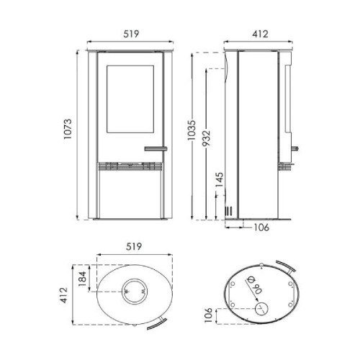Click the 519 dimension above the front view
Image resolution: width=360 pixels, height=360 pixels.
click(131, 34)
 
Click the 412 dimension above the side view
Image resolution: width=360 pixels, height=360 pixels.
click(260, 34)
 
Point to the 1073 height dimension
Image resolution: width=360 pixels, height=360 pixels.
click(68, 129)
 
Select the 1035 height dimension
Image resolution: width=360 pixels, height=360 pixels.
click(192, 130)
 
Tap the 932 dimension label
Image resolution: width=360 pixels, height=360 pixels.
click(206, 138)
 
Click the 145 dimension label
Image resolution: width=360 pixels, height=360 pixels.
click(219, 180)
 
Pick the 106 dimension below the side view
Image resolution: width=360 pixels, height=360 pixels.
click(261, 227)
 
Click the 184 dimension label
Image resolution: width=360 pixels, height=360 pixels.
click(82, 279)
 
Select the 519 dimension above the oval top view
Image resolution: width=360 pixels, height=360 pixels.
click(134, 246)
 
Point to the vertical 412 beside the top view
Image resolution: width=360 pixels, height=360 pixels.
click(64, 295)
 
